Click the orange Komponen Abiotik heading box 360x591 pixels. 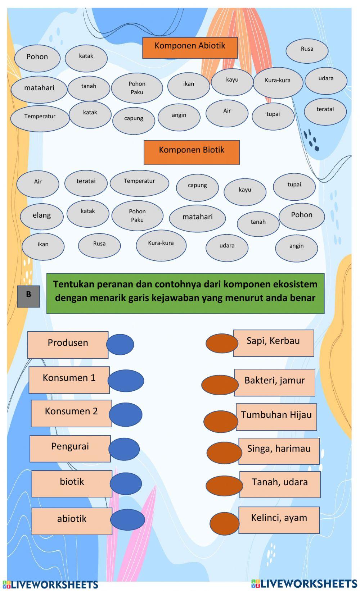190,47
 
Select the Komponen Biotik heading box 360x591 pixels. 192,152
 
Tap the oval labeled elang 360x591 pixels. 42,216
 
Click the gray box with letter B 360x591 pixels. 28,296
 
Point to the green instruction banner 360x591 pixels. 185,293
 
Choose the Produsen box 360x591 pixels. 68,345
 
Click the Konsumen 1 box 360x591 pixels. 69,380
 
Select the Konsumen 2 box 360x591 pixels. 71,413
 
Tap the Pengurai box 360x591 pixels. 70,449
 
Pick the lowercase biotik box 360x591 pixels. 72,483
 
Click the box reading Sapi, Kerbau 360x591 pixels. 273,343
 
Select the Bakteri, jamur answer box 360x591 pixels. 275,382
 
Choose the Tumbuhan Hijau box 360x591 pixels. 276,417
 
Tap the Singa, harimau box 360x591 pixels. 279,451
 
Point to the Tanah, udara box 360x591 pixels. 280,484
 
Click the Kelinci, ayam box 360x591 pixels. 279,520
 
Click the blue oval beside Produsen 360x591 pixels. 120,344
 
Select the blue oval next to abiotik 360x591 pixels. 127,519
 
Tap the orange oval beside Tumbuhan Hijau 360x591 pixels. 220,421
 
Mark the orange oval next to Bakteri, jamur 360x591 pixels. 220,385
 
